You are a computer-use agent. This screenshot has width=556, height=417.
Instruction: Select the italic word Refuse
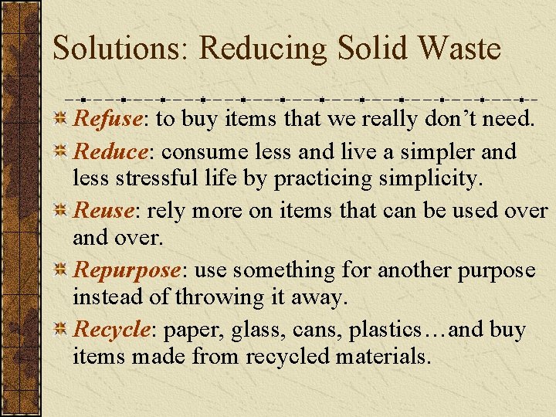(x=107, y=120)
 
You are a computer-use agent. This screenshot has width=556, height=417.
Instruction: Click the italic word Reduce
(x=109, y=151)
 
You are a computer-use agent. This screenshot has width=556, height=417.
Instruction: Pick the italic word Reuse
(x=103, y=210)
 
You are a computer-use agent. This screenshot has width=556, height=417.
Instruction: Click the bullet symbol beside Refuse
(x=62, y=120)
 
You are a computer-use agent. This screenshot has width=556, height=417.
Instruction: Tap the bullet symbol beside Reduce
(x=62, y=151)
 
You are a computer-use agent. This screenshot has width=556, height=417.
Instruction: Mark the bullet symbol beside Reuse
(x=62, y=211)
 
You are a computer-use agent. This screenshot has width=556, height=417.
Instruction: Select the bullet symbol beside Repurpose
(x=62, y=271)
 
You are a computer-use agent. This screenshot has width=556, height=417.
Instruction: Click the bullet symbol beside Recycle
(x=62, y=331)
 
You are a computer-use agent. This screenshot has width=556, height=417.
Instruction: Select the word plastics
(x=382, y=331)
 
